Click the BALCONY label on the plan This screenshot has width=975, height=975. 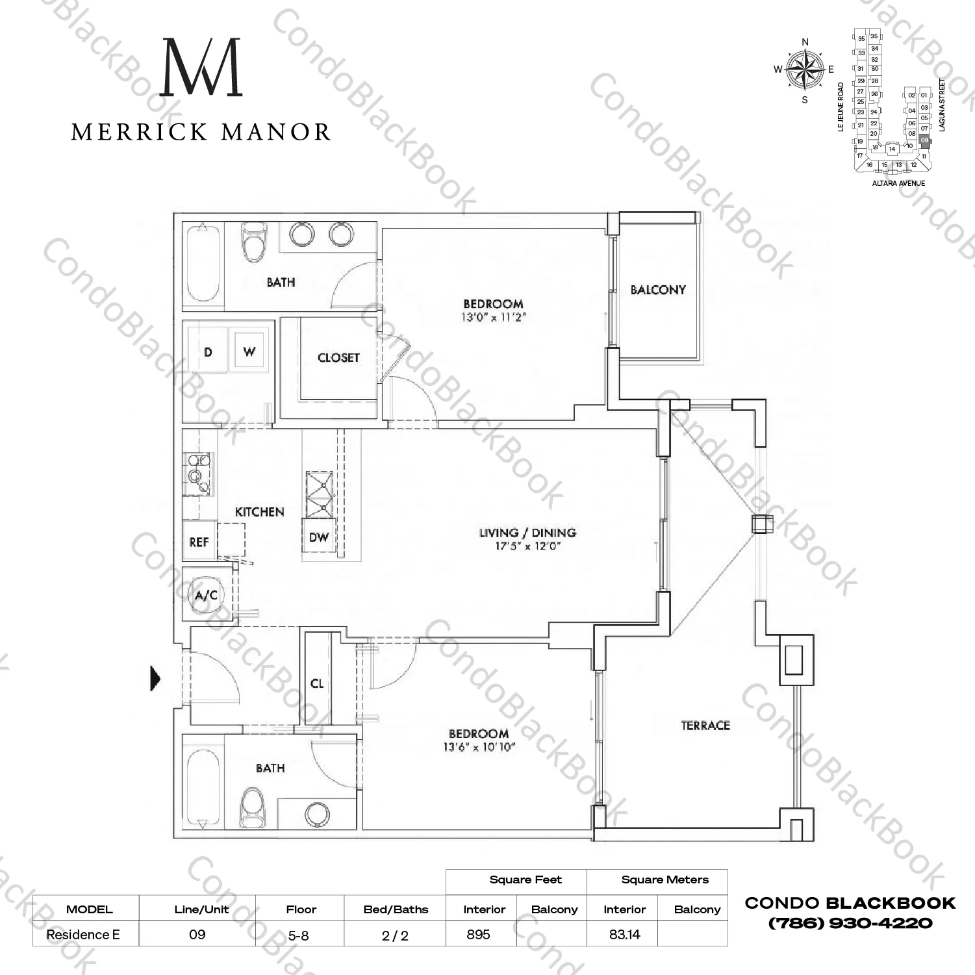point(658,290)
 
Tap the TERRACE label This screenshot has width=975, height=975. point(705,726)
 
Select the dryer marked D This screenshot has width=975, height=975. point(208,352)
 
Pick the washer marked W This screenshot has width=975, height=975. point(249,352)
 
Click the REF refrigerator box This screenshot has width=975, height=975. point(199,542)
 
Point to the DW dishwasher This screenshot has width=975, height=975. point(318,537)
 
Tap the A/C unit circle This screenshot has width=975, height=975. point(206,595)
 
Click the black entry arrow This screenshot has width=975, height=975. point(155,678)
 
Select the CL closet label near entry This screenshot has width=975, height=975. point(317,683)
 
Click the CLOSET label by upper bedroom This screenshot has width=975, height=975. point(338,357)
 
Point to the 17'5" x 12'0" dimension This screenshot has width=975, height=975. point(527,546)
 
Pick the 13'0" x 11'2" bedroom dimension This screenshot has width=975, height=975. point(493,318)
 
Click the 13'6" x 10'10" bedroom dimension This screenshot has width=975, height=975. point(479,747)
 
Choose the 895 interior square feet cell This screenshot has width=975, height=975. point(479,934)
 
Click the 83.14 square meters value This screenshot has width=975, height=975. point(624,934)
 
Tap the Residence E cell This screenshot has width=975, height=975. point(83,934)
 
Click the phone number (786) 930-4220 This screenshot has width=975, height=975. point(850,923)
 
